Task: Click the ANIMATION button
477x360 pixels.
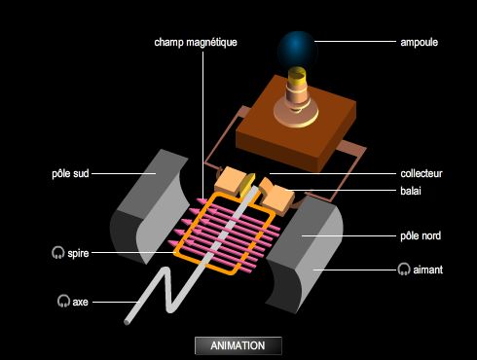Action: point(238,345)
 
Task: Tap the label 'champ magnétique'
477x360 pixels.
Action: point(196,42)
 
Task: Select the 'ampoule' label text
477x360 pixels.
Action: point(419,42)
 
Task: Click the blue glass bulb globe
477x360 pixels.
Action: point(297,51)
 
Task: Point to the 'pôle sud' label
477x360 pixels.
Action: point(70,173)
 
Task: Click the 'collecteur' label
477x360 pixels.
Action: point(422,173)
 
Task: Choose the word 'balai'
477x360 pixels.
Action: point(411,191)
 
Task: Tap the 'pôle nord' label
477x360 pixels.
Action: point(421,235)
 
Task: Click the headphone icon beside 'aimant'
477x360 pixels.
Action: point(404,270)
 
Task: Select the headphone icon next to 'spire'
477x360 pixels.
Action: point(58,253)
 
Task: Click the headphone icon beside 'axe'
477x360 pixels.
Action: point(63,301)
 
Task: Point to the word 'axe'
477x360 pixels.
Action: point(80,302)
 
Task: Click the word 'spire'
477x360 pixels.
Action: point(78,253)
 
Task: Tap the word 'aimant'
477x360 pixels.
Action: point(427,270)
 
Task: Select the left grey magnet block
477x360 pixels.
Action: point(149,206)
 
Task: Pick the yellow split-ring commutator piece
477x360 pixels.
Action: point(247,186)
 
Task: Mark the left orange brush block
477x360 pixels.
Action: point(230,180)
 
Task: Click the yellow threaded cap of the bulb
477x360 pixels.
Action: point(297,75)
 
